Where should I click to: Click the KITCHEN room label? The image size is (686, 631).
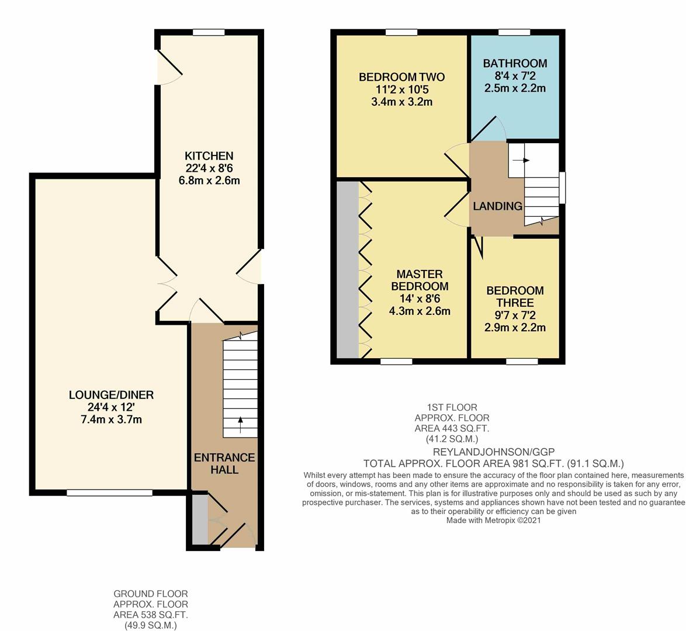pos(209,156)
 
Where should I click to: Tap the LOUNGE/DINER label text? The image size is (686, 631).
pos(111,395)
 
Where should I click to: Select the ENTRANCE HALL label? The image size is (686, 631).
pos(224,464)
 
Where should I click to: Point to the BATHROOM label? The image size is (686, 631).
pos(515,64)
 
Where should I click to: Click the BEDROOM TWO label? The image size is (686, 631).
pos(401,78)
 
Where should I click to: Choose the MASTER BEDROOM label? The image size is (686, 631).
pos(420,280)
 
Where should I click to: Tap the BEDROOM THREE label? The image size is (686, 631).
pos(515,297)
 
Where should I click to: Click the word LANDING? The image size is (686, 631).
pos(497,206)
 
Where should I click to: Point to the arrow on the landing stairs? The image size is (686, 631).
pos(521,160)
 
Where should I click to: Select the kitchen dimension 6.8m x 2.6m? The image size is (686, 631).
pos(209,181)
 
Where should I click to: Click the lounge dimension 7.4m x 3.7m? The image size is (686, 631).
pos(111,419)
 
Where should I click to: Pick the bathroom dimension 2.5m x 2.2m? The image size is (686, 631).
pos(515,88)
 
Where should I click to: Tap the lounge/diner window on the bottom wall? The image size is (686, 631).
pos(109,493)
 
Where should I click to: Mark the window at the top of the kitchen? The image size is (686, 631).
pos(209,32)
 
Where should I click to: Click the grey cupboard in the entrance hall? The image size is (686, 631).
pos(200,520)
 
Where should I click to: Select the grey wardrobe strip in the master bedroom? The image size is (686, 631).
pos(348,270)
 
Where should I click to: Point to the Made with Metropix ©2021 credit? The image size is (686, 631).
pos(494,521)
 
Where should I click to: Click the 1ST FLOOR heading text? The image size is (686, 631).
pos(452,407)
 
